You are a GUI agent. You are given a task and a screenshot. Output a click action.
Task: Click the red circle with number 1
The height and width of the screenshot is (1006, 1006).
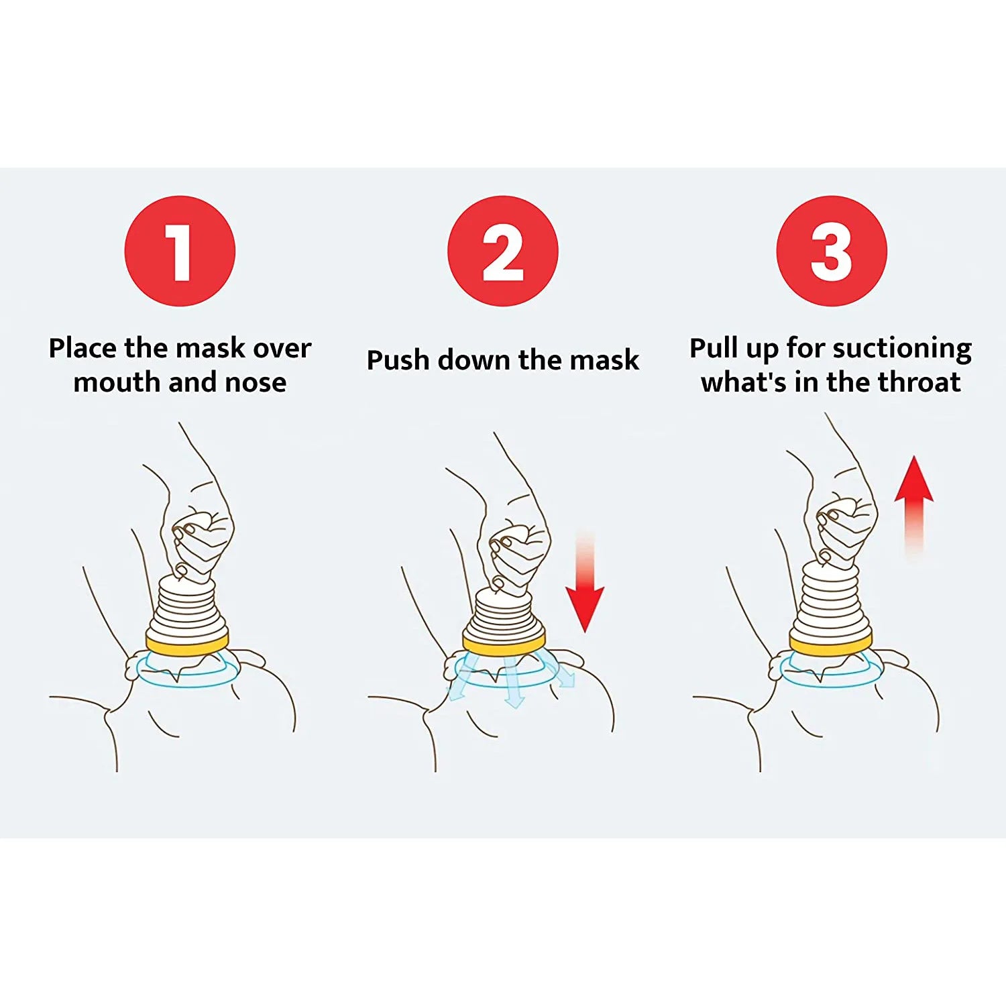point(180,251)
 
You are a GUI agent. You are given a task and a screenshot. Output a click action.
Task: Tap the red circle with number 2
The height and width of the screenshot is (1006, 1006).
point(502,251)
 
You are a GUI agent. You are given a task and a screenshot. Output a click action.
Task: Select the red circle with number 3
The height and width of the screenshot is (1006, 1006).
point(831,251)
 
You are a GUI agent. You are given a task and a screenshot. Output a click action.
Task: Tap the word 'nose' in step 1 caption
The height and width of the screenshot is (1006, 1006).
point(256,383)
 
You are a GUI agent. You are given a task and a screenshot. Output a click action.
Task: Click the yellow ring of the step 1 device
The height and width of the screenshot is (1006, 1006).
point(188,644)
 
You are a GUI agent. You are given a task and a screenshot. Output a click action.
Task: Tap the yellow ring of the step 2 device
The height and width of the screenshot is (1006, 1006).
point(504,645)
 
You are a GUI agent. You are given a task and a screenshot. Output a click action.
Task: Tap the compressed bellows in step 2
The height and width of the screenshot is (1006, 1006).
point(504,614)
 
